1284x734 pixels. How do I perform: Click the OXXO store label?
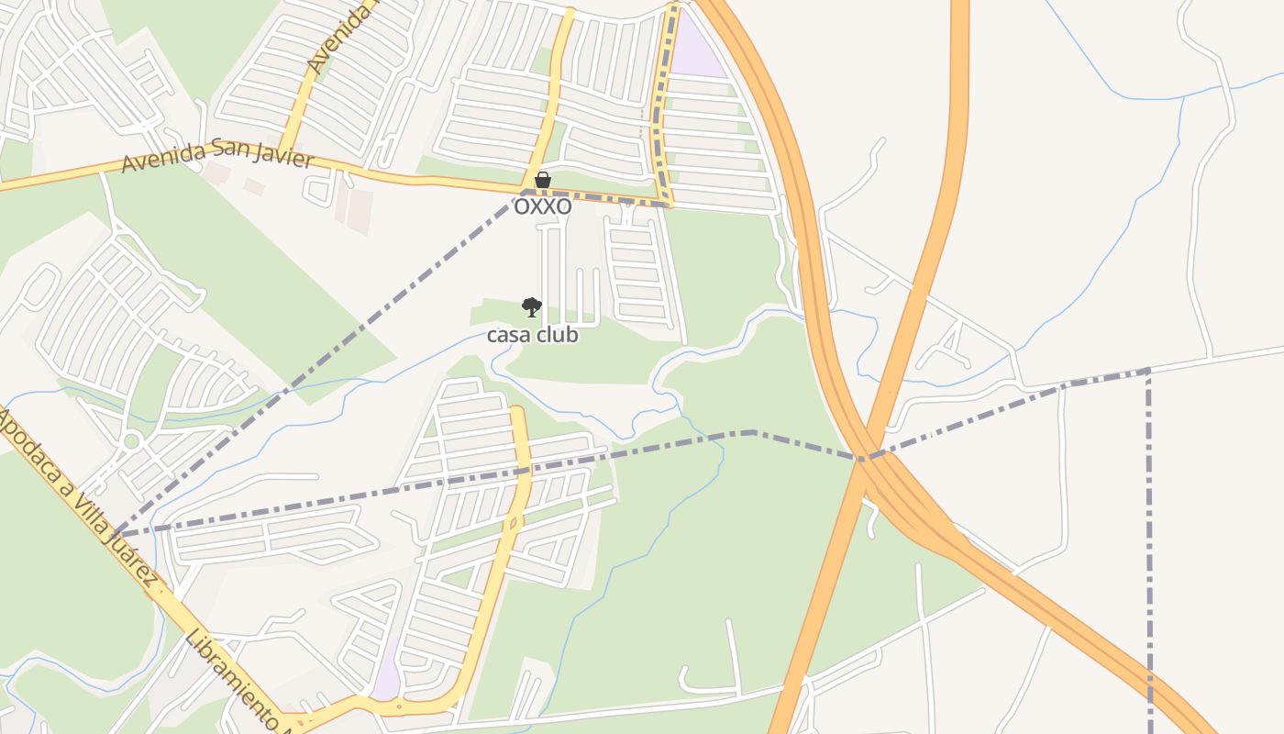542,207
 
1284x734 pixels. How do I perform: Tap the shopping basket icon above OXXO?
543,180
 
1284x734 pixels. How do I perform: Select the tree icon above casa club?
531,307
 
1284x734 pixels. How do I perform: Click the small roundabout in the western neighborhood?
131,441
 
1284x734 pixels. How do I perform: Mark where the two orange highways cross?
865,458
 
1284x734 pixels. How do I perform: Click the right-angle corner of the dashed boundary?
1148,371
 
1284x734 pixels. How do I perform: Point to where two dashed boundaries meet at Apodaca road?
117,533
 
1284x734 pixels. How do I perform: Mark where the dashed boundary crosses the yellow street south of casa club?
524,471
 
